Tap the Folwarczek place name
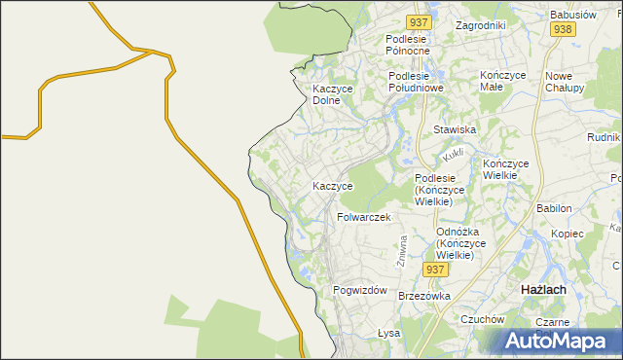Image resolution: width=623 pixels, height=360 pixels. coord(363,217)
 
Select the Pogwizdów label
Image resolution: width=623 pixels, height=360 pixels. coord(360,291)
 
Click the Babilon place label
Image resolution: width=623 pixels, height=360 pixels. coord(553,209)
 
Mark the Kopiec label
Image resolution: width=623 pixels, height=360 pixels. coord(567,234)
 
